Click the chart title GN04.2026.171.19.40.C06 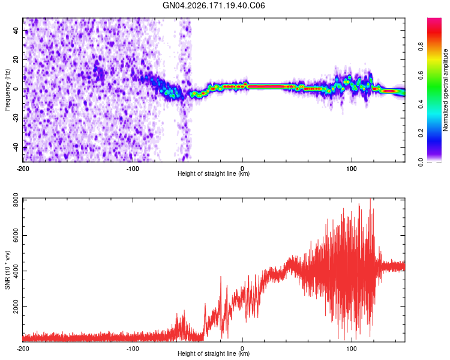click(214, 5)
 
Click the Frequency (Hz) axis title click(7, 90)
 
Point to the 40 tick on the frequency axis click(16, 30)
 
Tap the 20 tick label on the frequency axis click(16, 59)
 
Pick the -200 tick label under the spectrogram click(23, 169)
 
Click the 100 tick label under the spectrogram click(352, 169)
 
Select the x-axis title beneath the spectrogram click(214, 173)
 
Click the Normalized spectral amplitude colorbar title click(445, 90)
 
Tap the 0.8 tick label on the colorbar click(421, 46)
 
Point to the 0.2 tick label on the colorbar click(421, 133)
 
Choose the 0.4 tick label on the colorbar click(421, 104)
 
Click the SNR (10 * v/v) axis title click(7, 270)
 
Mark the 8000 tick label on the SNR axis click(16, 200)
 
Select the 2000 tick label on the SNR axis click(16, 307)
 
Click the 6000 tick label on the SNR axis click(16, 235)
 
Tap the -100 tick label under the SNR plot click(133, 349)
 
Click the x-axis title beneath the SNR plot click(214, 353)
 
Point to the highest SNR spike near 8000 click(370, 199)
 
